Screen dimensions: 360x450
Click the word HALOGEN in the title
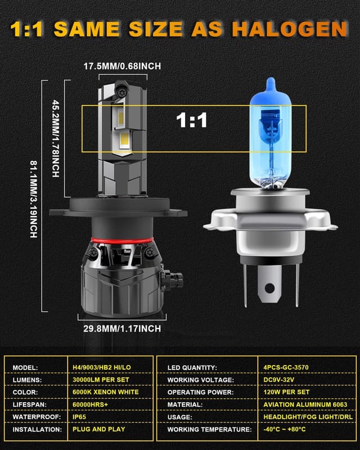[290, 29]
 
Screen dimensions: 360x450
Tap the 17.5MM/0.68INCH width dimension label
[122, 66]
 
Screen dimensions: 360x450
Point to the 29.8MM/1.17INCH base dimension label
[122, 328]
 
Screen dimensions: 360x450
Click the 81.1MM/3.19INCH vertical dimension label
[34, 199]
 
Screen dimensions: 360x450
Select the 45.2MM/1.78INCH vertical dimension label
[56, 138]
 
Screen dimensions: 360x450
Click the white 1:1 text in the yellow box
[191, 120]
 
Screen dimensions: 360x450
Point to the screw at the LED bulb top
[120, 92]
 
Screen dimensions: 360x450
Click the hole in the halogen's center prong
[269, 288]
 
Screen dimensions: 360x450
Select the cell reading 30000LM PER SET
[101, 380]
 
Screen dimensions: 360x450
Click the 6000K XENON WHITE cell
[106, 392]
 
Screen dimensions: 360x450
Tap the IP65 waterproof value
[79, 417]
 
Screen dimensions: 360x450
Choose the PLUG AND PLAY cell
[99, 429]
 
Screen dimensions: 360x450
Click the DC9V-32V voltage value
[279, 380]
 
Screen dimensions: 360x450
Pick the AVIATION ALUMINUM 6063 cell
[305, 404]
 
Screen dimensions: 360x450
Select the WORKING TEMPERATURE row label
[210, 429]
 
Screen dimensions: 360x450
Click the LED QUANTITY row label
[192, 368]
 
